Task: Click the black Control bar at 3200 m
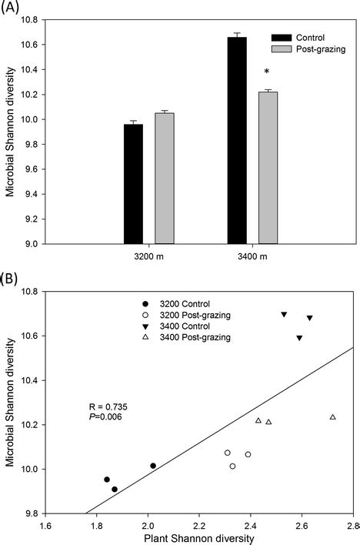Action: (133, 183)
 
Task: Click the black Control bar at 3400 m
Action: (237, 140)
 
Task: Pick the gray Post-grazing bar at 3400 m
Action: (268, 167)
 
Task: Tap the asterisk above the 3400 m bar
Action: (266, 72)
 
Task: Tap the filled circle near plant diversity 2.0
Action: (153, 466)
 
